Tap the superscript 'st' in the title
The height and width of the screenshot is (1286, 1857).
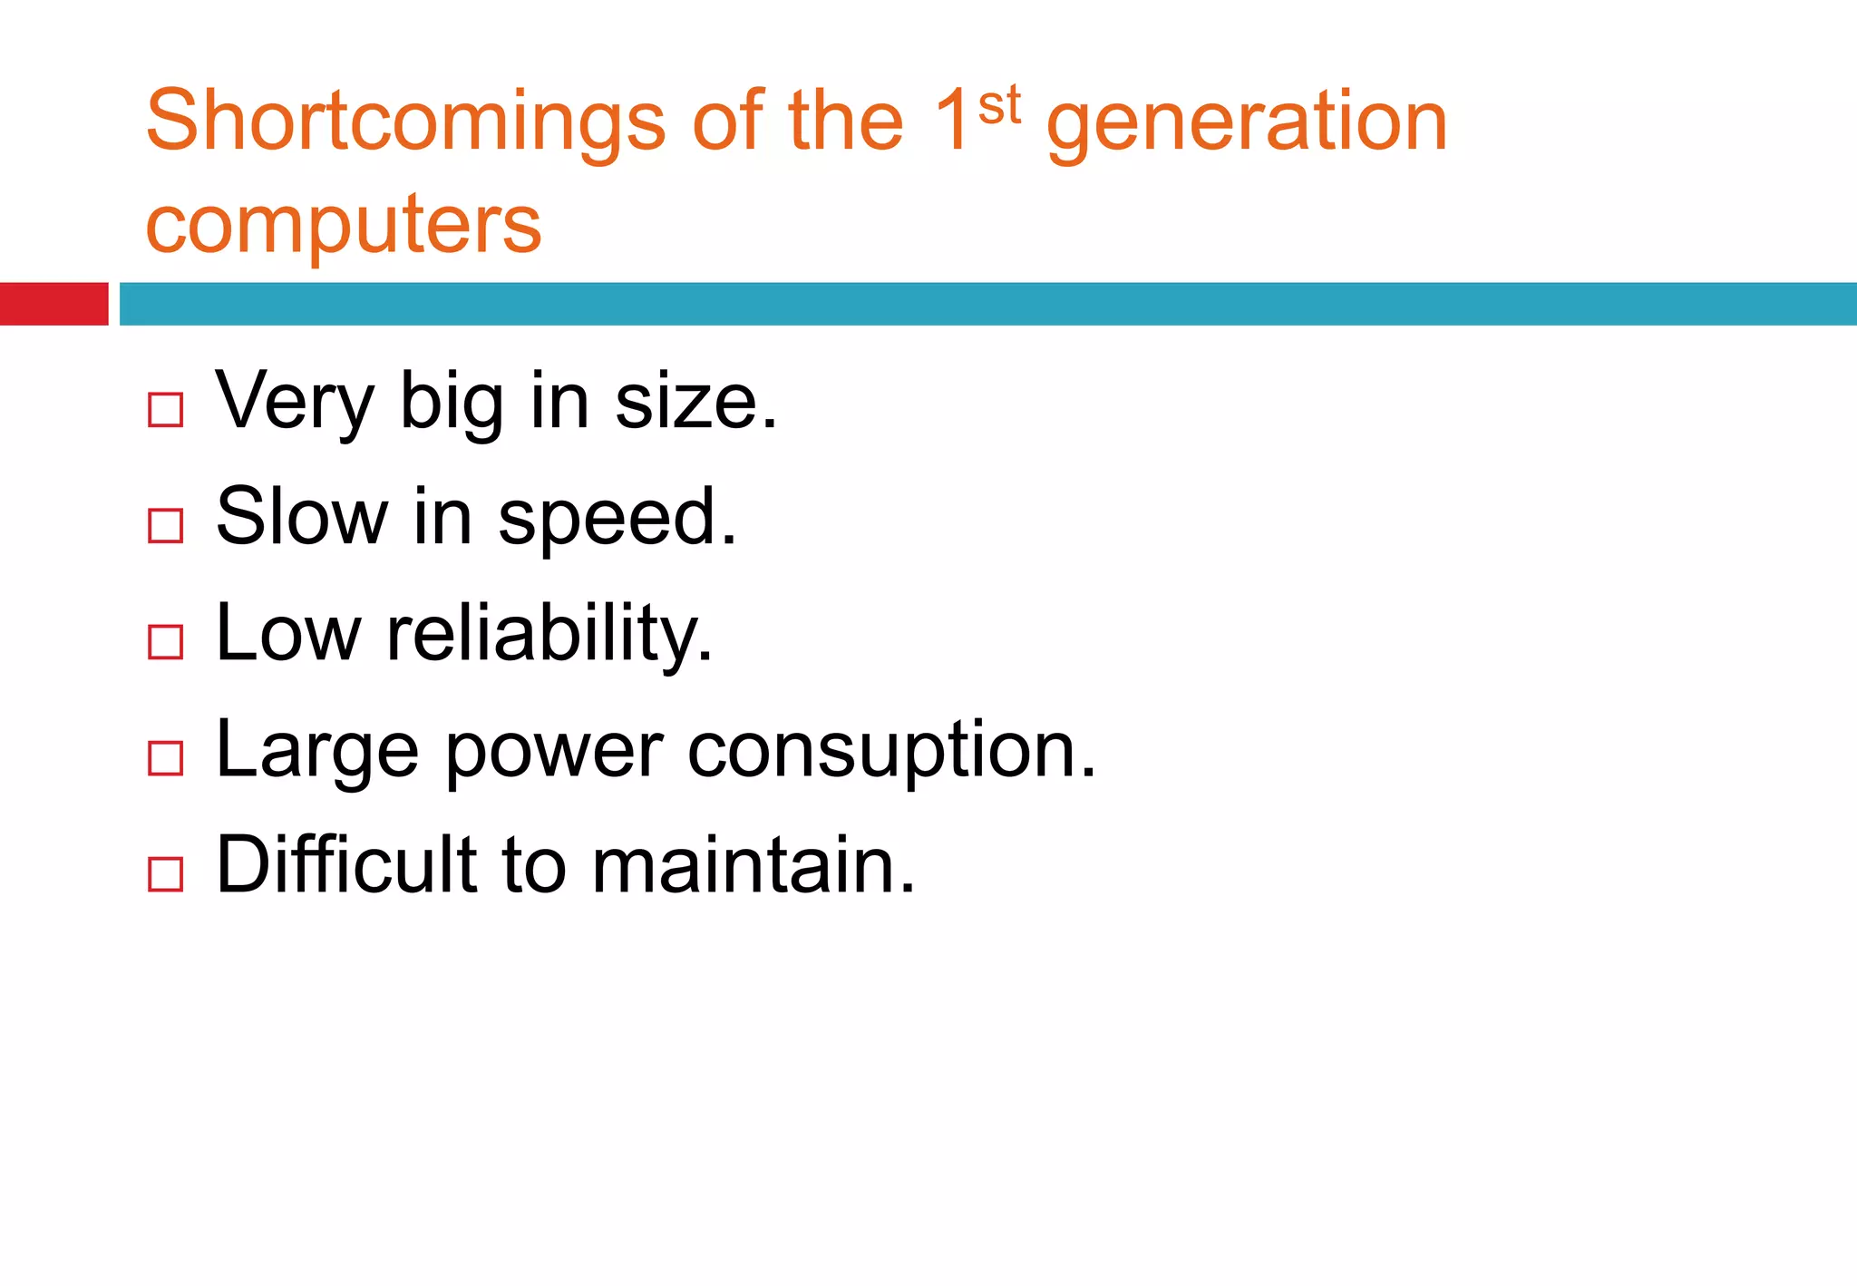pyautogui.click(x=999, y=105)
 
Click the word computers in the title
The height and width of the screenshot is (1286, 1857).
pyautogui.click(x=344, y=224)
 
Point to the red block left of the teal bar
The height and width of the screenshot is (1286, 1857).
pyautogui.click(x=53, y=304)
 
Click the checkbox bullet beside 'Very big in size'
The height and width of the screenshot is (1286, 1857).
pyautogui.click(x=166, y=410)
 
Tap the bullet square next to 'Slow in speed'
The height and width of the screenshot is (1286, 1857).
pyautogui.click(x=166, y=526)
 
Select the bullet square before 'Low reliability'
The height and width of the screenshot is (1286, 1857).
pyautogui.click(x=166, y=642)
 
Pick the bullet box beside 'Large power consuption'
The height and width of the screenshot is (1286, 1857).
pyautogui.click(x=166, y=758)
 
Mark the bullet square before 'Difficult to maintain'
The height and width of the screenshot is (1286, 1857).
pyautogui.click(x=166, y=874)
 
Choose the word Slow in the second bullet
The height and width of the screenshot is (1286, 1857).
pyautogui.click(x=302, y=517)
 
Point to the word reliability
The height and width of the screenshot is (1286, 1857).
pyautogui.click(x=549, y=634)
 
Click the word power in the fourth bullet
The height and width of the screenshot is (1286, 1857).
pyautogui.click(x=554, y=753)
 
